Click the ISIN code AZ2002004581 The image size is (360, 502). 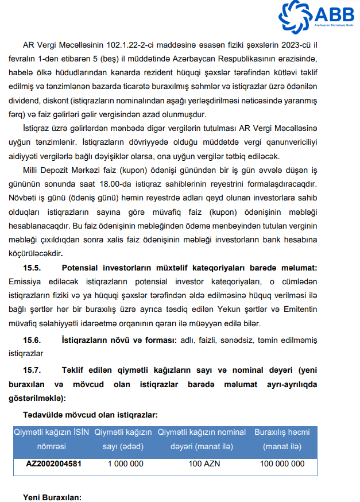click(53, 464)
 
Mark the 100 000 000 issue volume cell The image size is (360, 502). click(282, 464)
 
